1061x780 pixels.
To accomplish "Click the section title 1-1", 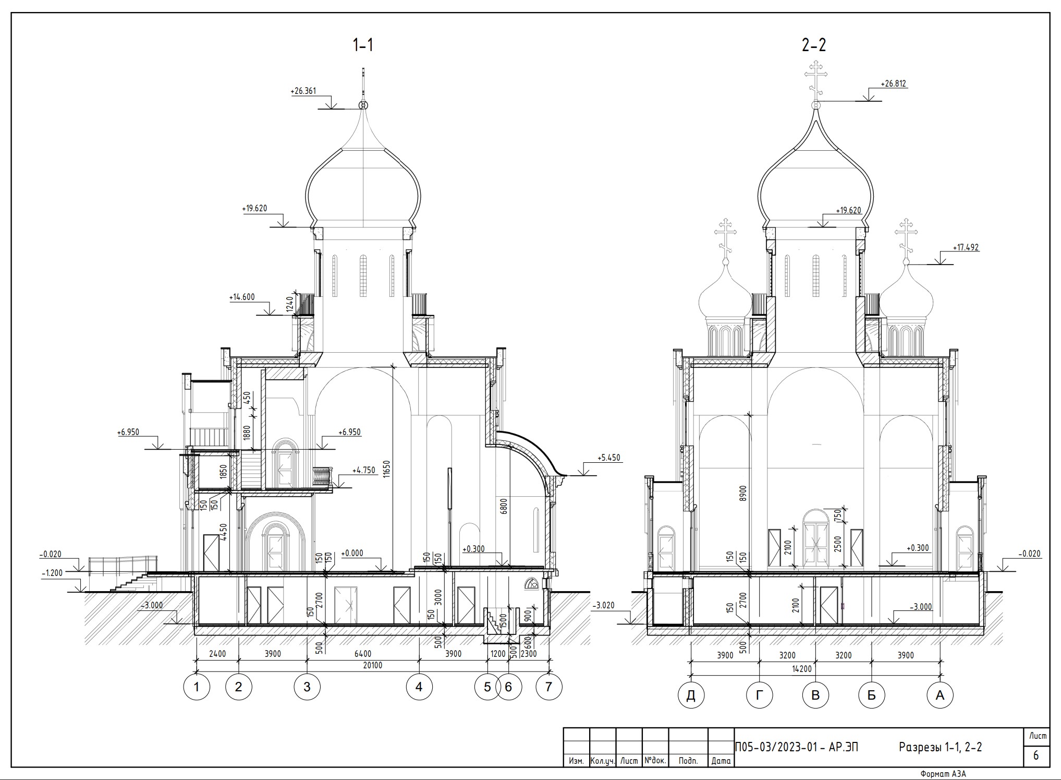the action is pos(363,45).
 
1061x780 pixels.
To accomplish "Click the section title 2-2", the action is pos(814,45).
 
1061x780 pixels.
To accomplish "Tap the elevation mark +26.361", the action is pos(303,91).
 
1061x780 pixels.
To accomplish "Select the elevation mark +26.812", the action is pos(894,83).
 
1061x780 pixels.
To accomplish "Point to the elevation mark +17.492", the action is pos(966,248).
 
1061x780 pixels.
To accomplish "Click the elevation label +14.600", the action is pos(242,297).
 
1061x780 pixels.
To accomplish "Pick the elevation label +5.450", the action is pos(609,458).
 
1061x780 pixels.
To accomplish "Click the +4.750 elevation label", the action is pos(364,470).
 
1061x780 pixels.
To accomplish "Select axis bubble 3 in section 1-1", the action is pos(307,687).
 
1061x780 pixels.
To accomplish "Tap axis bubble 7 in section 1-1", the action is pos(548,687).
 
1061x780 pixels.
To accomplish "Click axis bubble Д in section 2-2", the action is pos(691,695).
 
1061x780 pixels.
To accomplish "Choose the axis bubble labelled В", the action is pos(815,695).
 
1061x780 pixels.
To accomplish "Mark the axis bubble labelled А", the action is pos(940,695).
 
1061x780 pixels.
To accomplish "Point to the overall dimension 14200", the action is pos(816,669).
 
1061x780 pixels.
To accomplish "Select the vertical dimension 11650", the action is pos(386,469).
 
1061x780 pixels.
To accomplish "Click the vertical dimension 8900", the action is pos(743,493).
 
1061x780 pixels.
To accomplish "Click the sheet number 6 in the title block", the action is pos(1036,755).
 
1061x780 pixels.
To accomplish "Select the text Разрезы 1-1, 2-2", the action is pos(940,747).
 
